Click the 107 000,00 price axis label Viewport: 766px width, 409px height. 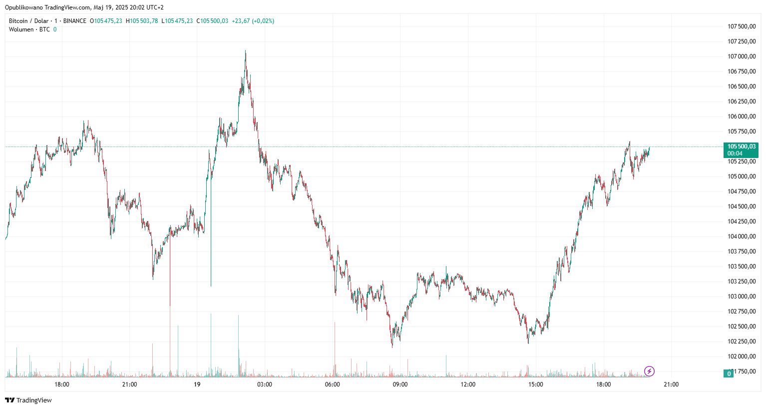[x=741, y=56]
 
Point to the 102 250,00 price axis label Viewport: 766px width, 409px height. [x=741, y=341]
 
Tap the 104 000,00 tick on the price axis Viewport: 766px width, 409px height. [x=741, y=236]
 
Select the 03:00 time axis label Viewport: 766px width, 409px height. [x=265, y=384]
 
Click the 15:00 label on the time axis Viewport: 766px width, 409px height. [x=536, y=384]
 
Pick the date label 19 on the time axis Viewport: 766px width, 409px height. [x=197, y=384]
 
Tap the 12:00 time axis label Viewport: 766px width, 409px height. [x=468, y=384]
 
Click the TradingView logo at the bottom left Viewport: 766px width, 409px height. [x=28, y=400]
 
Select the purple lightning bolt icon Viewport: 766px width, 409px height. [x=649, y=371]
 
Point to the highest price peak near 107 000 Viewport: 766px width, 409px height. [x=245, y=51]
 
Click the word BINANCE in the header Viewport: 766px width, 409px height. [x=75, y=21]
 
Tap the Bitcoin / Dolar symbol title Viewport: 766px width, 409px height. [x=28, y=21]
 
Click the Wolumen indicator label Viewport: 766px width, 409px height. [x=21, y=29]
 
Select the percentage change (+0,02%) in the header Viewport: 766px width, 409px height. [x=263, y=21]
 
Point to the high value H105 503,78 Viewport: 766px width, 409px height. [x=142, y=21]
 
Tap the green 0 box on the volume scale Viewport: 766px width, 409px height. [x=729, y=373]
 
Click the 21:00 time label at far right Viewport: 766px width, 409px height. [x=671, y=384]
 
